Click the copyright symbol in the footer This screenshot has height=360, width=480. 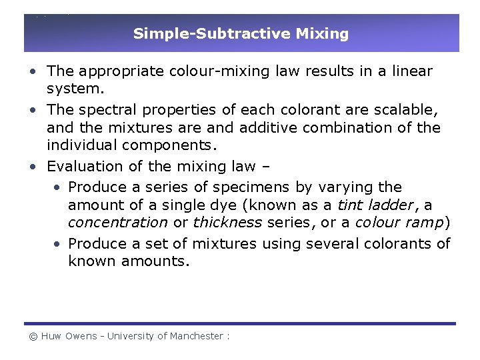tap(33, 337)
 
